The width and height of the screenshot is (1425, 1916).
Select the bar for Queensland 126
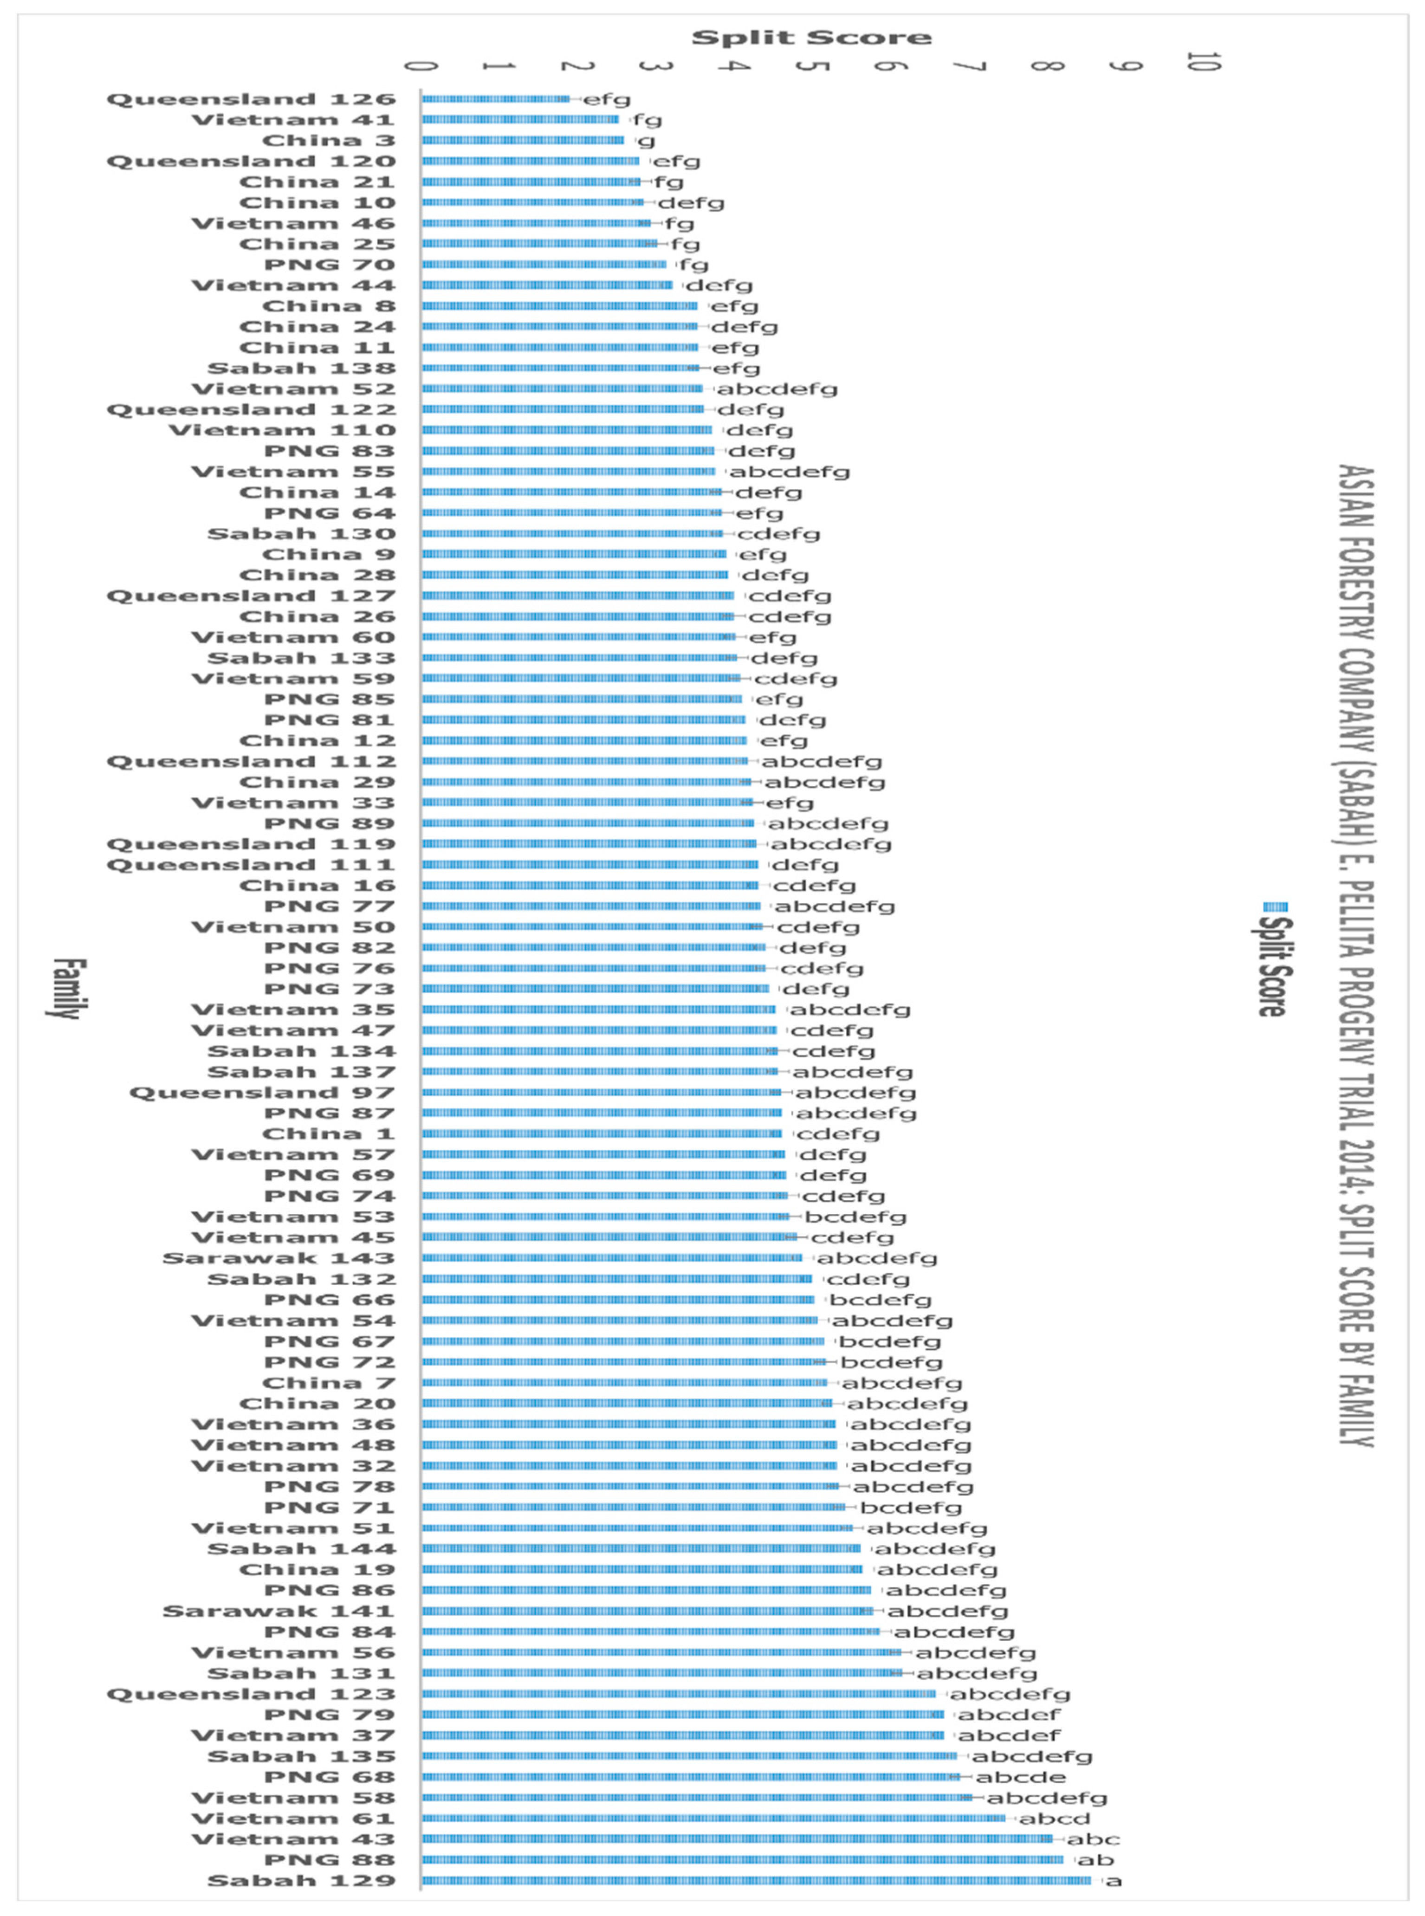click(x=496, y=99)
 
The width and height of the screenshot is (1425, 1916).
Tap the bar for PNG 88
click(x=742, y=1860)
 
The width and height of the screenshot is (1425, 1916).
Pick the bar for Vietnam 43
click(x=738, y=1839)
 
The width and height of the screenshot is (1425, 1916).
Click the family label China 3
click(x=328, y=141)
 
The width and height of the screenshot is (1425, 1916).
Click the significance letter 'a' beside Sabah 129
click(x=1114, y=1881)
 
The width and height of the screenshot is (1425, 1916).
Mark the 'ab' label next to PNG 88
click(x=1095, y=1860)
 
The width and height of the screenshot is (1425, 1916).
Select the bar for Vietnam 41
click(x=520, y=120)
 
